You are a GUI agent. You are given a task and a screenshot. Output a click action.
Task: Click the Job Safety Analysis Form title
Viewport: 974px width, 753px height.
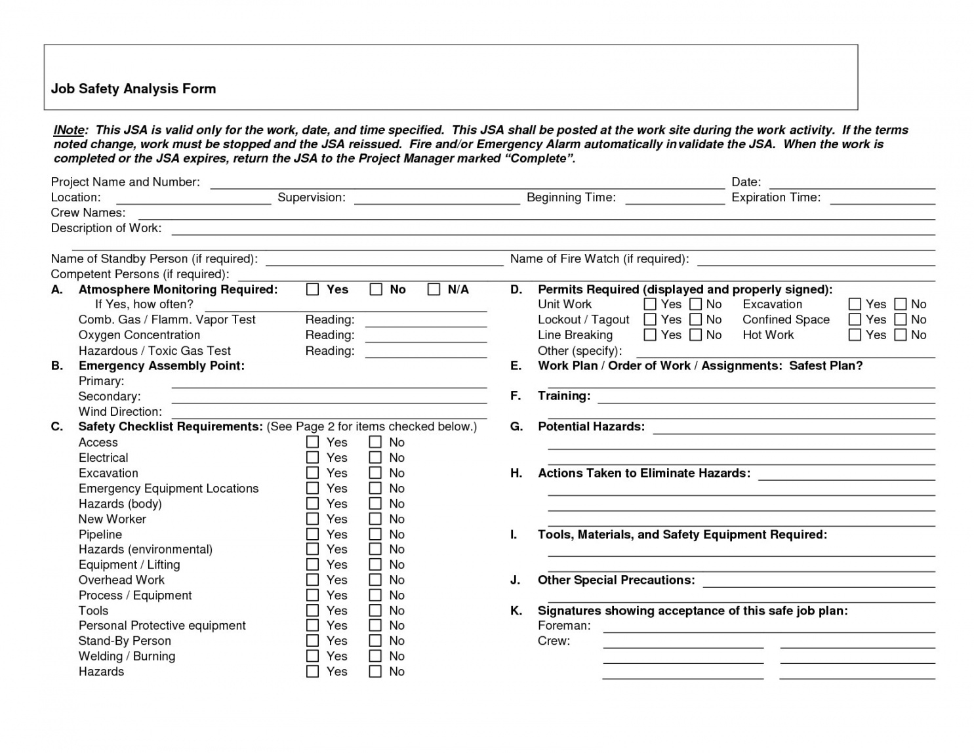tap(134, 89)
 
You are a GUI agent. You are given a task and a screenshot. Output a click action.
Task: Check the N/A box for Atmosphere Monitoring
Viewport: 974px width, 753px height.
tap(434, 289)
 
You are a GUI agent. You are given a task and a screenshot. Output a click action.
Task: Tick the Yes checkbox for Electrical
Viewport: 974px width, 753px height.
tap(313, 458)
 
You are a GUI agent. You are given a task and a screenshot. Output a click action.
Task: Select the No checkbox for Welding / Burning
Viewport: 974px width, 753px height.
tap(375, 656)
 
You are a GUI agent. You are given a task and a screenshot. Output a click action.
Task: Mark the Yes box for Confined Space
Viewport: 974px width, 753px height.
tap(855, 319)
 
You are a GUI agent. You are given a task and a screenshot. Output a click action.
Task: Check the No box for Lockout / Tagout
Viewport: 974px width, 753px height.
tap(696, 319)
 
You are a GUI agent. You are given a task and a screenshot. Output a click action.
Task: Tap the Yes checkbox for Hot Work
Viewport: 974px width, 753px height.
tap(855, 335)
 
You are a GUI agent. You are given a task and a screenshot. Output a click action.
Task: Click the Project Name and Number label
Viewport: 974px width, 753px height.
tap(125, 182)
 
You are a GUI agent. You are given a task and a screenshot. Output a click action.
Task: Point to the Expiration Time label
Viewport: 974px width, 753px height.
tap(776, 197)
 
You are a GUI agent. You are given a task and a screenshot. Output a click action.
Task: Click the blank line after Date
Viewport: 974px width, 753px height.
tap(851, 184)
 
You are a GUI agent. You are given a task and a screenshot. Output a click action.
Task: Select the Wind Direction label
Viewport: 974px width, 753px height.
tap(120, 412)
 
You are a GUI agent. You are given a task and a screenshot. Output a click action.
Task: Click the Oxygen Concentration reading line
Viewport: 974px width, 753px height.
tap(426, 337)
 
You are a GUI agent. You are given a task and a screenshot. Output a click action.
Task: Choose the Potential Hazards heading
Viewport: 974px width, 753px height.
tap(591, 427)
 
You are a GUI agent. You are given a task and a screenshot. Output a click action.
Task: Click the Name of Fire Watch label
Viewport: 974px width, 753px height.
tap(599, 259)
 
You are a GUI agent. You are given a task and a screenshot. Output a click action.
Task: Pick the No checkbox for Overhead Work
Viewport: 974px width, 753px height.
tap(375, 580)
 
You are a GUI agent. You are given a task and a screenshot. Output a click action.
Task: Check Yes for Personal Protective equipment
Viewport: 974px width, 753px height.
tap(313, 626)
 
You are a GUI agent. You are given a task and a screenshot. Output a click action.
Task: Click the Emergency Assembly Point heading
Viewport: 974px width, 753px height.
tap(161, 366)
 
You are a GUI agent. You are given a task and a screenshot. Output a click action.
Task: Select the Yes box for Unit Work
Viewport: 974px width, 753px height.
tap(650, 304)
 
